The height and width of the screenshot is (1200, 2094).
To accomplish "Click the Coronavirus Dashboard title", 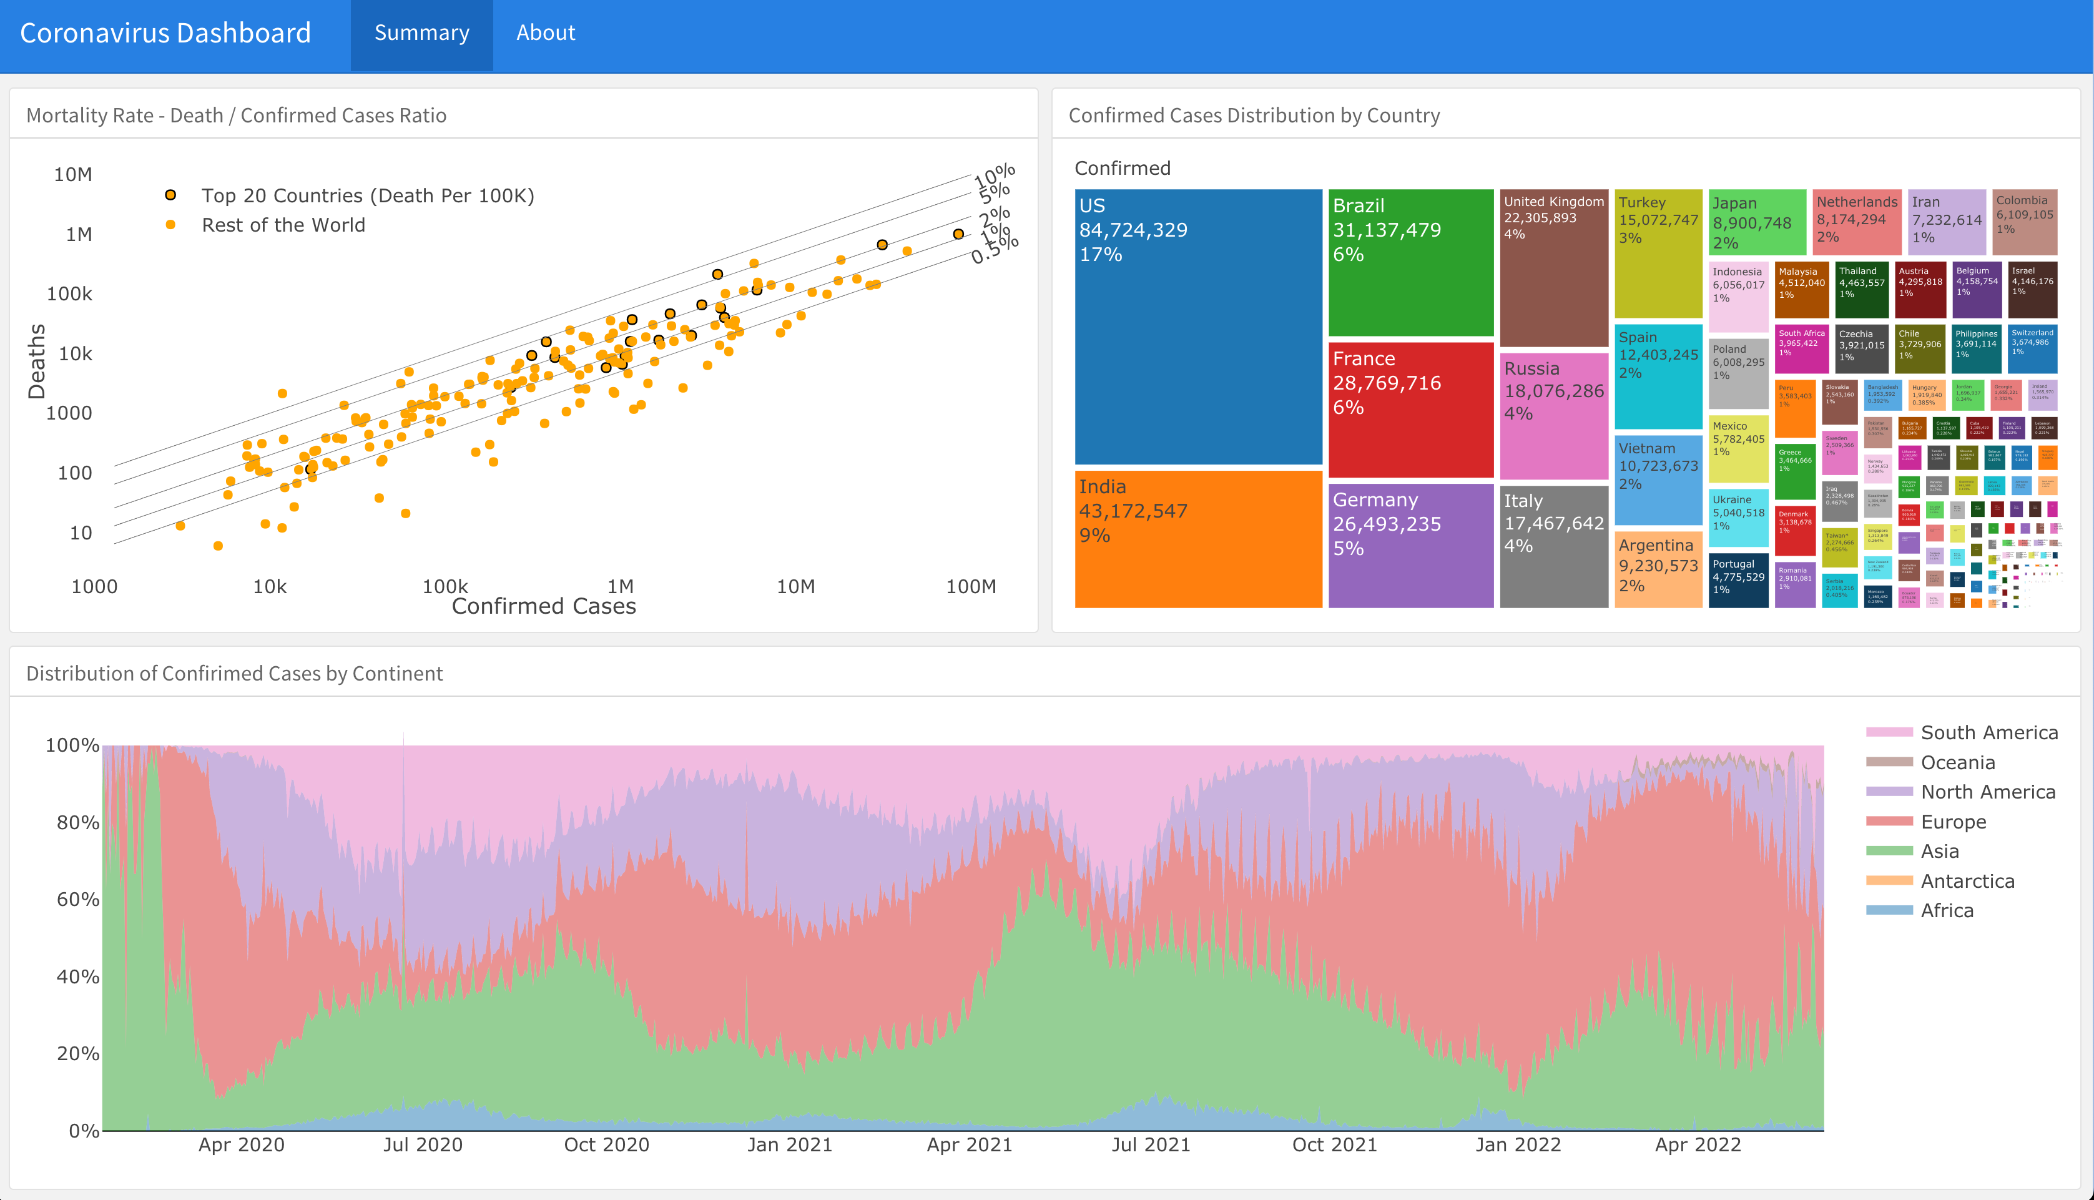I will click(165, 33).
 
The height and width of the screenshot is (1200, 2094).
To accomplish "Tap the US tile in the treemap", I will click(1197, 330).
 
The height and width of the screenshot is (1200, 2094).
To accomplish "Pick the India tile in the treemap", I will click(1197, 540).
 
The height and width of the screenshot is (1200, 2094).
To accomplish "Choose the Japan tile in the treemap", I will click(1756, 222).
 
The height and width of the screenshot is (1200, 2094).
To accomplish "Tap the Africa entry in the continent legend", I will click(1947, 911).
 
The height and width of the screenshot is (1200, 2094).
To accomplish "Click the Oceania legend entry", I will click(1957, 762).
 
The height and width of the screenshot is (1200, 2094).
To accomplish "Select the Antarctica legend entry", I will click(1967, 881).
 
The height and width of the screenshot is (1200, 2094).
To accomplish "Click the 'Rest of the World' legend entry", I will click(283, 225).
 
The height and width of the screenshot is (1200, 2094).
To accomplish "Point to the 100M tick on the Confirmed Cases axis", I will click(971, 587).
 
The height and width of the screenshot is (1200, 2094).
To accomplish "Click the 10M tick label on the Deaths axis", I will click(73, 175).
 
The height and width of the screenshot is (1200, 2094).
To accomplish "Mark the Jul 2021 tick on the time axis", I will click(1151, 1145).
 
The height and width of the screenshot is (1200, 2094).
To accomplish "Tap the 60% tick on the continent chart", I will click(77, 899).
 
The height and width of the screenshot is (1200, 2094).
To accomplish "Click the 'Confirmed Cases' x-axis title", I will click(544, 607).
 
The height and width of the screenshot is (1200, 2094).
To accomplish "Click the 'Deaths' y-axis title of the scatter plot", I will click(37, 361).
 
